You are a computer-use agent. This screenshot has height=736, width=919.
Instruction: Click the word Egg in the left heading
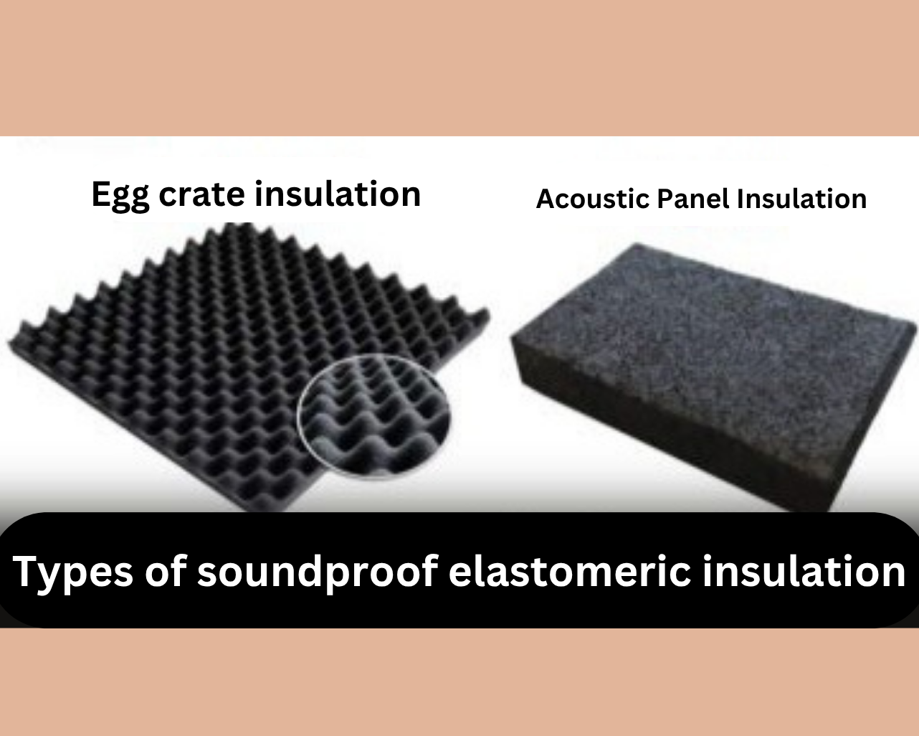click(120, 196)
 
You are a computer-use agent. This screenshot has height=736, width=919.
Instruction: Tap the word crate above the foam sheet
click(201, 195)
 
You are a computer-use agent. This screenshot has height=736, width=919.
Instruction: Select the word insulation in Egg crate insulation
click(338, 194)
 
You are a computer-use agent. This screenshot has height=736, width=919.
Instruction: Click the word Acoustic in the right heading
click(593, 199)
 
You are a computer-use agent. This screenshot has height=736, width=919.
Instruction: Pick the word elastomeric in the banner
click(570, 571)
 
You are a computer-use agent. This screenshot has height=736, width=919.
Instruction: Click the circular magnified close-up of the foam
click(374, 417)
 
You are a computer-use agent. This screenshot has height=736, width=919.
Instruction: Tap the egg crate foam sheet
click(239, 363)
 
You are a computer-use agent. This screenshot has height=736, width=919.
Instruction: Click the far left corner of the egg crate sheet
click(9, 343)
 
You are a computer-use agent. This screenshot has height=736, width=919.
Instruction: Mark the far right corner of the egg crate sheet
click(489, 314)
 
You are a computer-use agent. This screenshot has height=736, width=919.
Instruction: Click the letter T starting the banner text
click(26, 571)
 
